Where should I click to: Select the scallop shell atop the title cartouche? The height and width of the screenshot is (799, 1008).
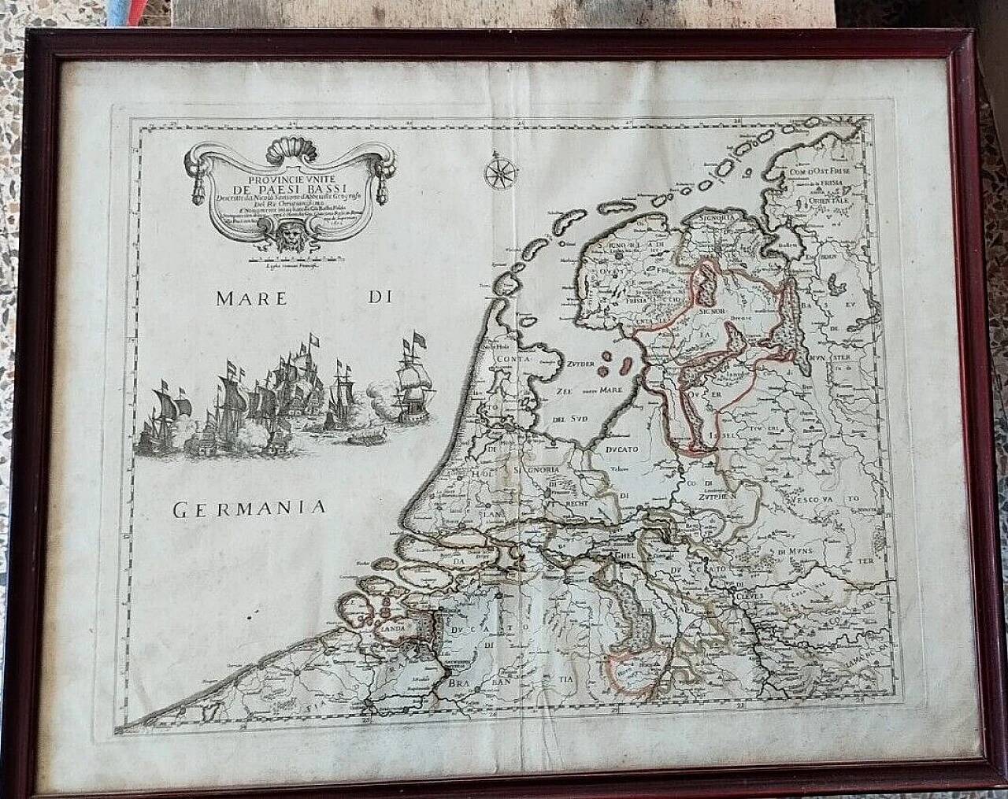tap(283, 148)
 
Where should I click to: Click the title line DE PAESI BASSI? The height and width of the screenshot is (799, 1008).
tap(281, 187)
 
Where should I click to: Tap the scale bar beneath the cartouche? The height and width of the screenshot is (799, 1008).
tap(283, 258)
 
